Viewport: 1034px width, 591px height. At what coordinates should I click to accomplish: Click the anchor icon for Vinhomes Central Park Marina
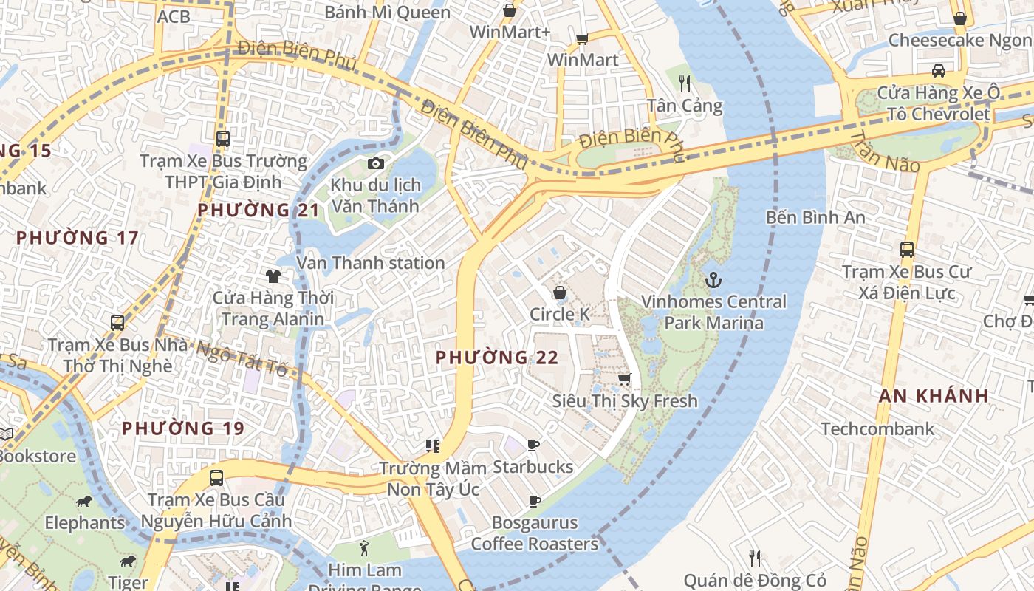713,280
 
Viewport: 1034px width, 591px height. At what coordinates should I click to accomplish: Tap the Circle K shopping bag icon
560,293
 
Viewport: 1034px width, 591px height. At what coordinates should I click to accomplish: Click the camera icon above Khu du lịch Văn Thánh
376,163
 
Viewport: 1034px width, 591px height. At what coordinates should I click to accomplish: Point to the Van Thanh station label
370,263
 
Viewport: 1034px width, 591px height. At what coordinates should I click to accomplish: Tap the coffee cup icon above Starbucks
533,445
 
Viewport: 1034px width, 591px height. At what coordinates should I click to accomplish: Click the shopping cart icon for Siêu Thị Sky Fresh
625,380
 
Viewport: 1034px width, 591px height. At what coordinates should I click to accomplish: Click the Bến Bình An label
815,217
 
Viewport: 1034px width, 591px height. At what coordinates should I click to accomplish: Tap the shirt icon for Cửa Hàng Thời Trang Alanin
273,276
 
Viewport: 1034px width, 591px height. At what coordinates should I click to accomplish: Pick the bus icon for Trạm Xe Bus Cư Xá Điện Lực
907,250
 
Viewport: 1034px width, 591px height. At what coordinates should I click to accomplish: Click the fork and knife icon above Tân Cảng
685,83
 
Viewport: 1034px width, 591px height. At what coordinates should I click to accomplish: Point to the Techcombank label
877,429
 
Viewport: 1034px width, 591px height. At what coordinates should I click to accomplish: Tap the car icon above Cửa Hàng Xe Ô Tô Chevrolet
938,71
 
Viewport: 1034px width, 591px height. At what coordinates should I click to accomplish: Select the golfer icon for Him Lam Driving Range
364,548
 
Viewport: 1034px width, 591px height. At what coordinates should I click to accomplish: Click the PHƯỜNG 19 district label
182,428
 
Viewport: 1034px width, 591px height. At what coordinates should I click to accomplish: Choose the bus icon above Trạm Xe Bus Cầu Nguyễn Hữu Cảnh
216,477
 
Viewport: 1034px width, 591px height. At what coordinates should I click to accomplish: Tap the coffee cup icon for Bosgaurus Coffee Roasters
534,501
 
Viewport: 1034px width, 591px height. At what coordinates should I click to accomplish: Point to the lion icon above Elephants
84,501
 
